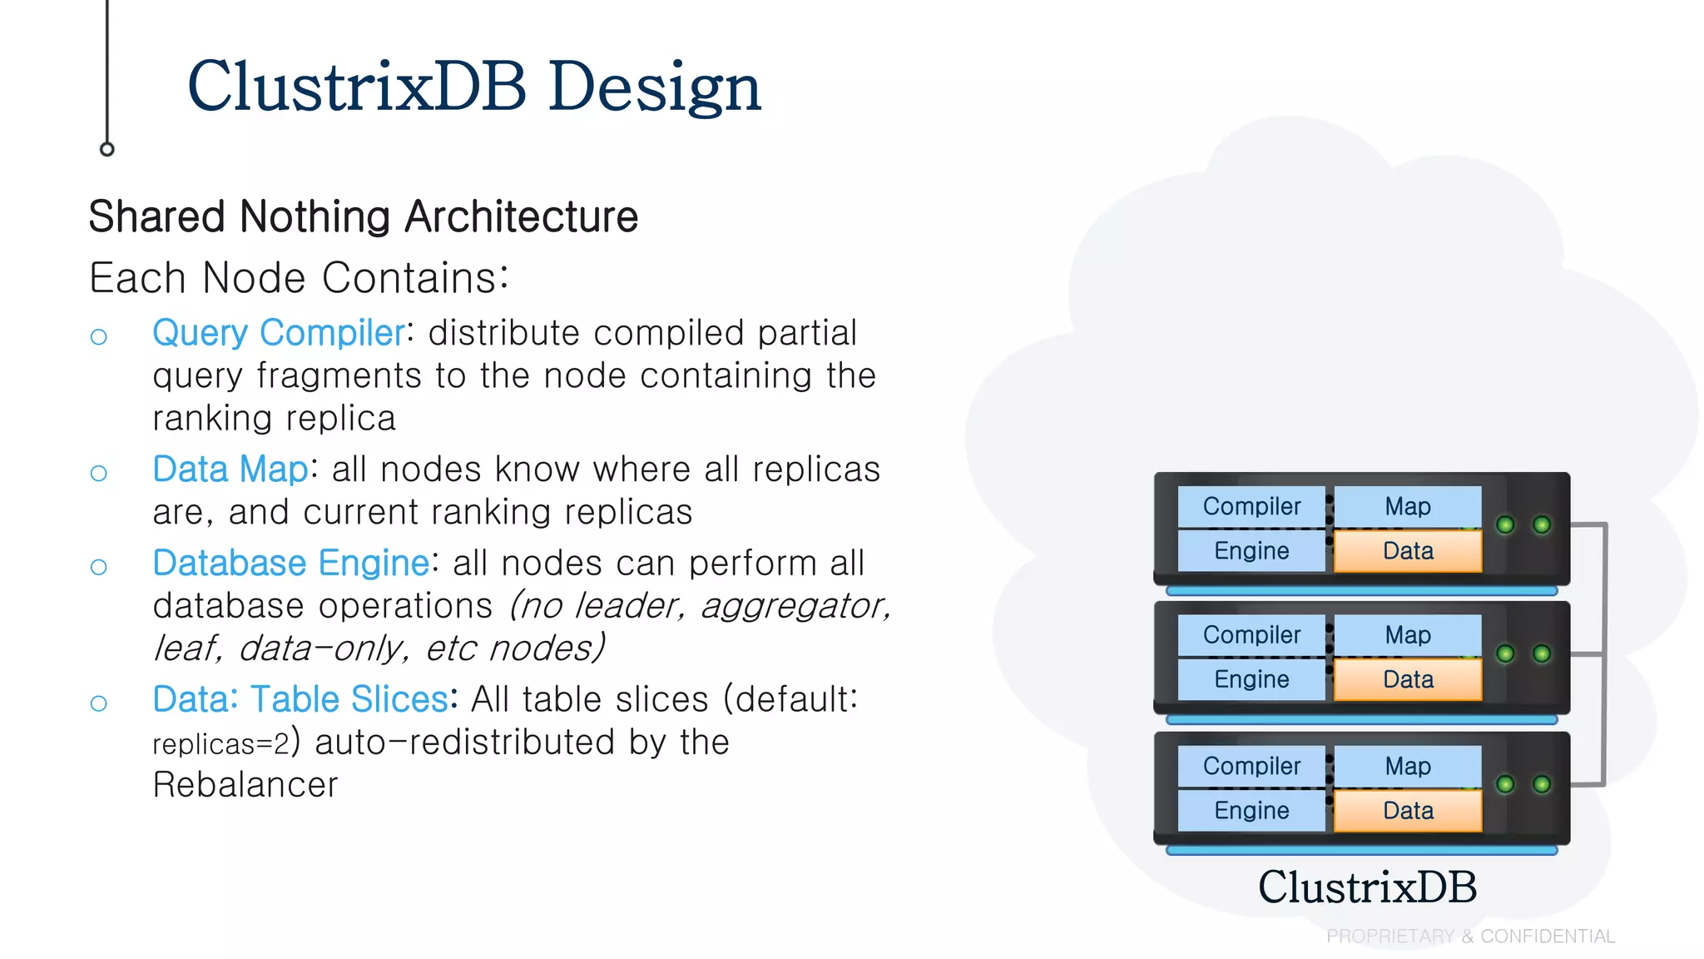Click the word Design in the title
[654, 87]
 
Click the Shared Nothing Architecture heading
[363, 217]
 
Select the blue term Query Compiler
[279, 333]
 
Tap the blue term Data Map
[230, 470]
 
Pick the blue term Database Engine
[290, 564]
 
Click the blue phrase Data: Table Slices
[300, 699]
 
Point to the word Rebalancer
[245, 785]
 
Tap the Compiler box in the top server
[1251, 506]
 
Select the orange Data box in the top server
[1408, 551]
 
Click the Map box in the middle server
[1408, 635]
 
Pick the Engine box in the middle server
[1251, 679]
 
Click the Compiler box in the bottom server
[1251, 766]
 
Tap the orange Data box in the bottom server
[1408, 811]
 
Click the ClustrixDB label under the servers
[1367, 887]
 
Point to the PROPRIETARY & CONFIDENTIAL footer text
[1470, 937]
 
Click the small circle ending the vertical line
[106, 150]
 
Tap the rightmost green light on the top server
[1542, 524]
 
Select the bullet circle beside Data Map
[99, 474]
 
